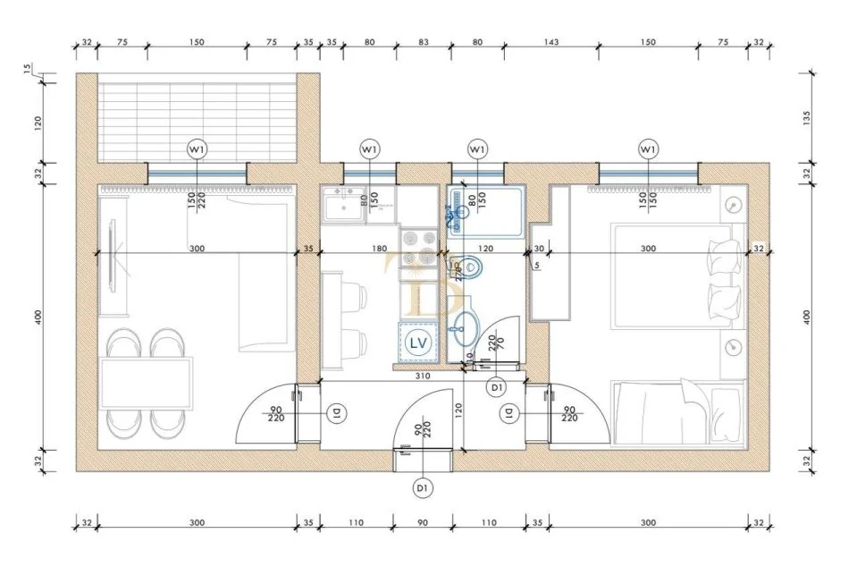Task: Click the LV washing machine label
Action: pyautogui.click(x=416, y=341)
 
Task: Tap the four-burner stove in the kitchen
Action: pyautogui.click(x=420, y=241)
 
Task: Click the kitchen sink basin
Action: pyautogui.click(x=341, y=207)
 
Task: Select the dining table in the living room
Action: pyautogui.click(x=147, y=383)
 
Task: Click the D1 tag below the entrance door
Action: pyautogui.click(x=423, y=487)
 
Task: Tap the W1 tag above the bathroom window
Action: pyautogui.click(x=477, y=148)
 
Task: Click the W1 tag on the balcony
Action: pyautogui.click(x=196, y=148)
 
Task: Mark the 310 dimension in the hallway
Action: pyautogui.click(x=423, y=377)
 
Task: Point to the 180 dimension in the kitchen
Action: pyautogui.click(x=379, y=249)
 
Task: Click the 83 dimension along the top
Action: pyautogui.click(x=423, y=41)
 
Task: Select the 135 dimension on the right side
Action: pyautogui.click(x=807, y=115)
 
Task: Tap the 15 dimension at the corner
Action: pyautogui.click(x=28, y=68)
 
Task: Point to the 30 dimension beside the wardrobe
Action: pyautogui.click(x=539, y=249)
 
